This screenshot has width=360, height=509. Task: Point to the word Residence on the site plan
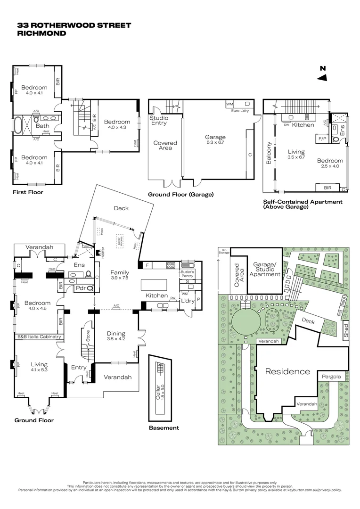(287, 371)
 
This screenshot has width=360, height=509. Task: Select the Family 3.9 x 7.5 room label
(120, 275)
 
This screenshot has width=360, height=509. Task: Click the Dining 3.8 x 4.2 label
(115, 336)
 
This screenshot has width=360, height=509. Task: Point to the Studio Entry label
(159, 121)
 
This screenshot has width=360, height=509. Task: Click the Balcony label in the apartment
(269, 153)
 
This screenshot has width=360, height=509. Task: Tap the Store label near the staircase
(87, 336)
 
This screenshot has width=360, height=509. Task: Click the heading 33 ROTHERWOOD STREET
(74, 25)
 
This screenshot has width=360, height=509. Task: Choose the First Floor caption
(28, 192)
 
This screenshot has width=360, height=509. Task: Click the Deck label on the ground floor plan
(121, 208)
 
